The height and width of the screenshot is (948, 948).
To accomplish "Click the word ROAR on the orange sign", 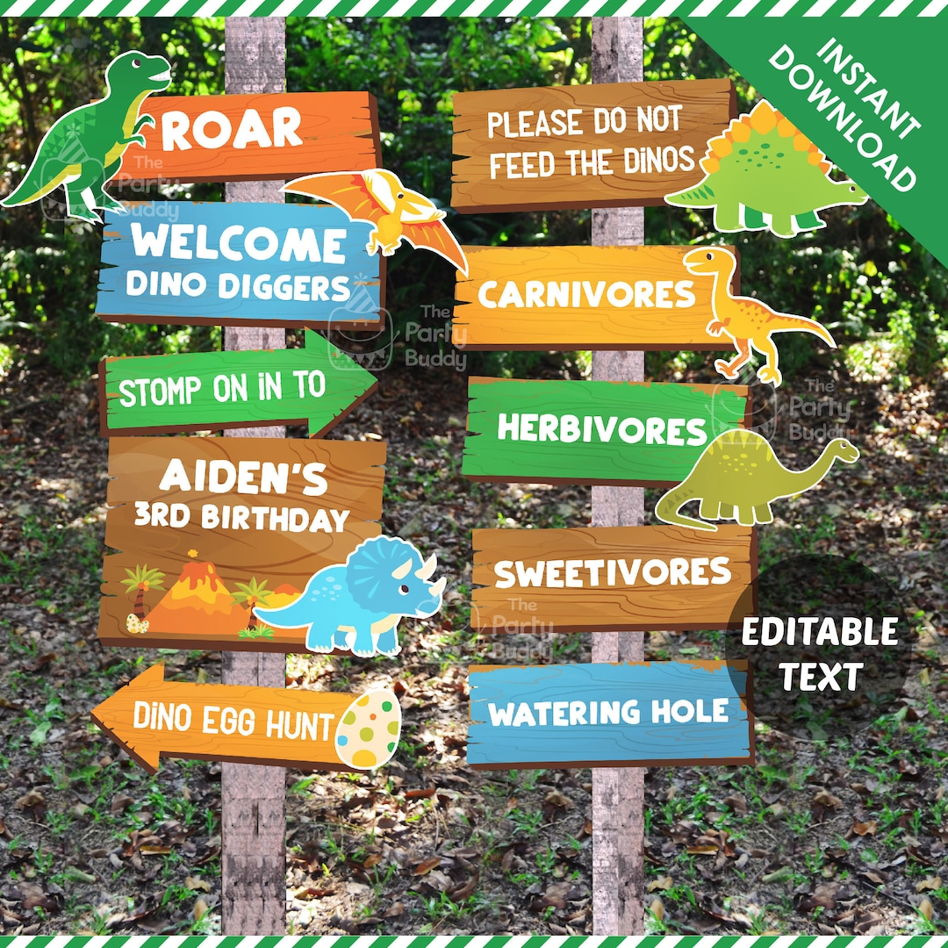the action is coord(233,130).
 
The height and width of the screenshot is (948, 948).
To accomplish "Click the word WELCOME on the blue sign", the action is coord(239,245).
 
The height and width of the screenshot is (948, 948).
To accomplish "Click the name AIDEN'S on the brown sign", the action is coord(244,478).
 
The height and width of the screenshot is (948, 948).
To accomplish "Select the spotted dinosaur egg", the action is coord(369,728).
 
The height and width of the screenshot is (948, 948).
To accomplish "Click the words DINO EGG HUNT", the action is coord(233,721).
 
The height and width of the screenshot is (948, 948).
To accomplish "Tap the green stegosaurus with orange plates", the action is coord(764,176).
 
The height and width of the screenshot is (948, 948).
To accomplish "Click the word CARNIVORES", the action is coord(586,295).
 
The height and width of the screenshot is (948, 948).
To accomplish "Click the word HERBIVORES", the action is coord(602,429).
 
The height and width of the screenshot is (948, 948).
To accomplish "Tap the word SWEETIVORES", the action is coord(613,572).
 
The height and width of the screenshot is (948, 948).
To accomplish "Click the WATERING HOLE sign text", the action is coord(609,712).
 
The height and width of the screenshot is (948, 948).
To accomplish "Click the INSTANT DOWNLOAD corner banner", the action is coord(843,105).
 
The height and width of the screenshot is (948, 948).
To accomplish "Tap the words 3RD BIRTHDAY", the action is coord(241,518).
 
